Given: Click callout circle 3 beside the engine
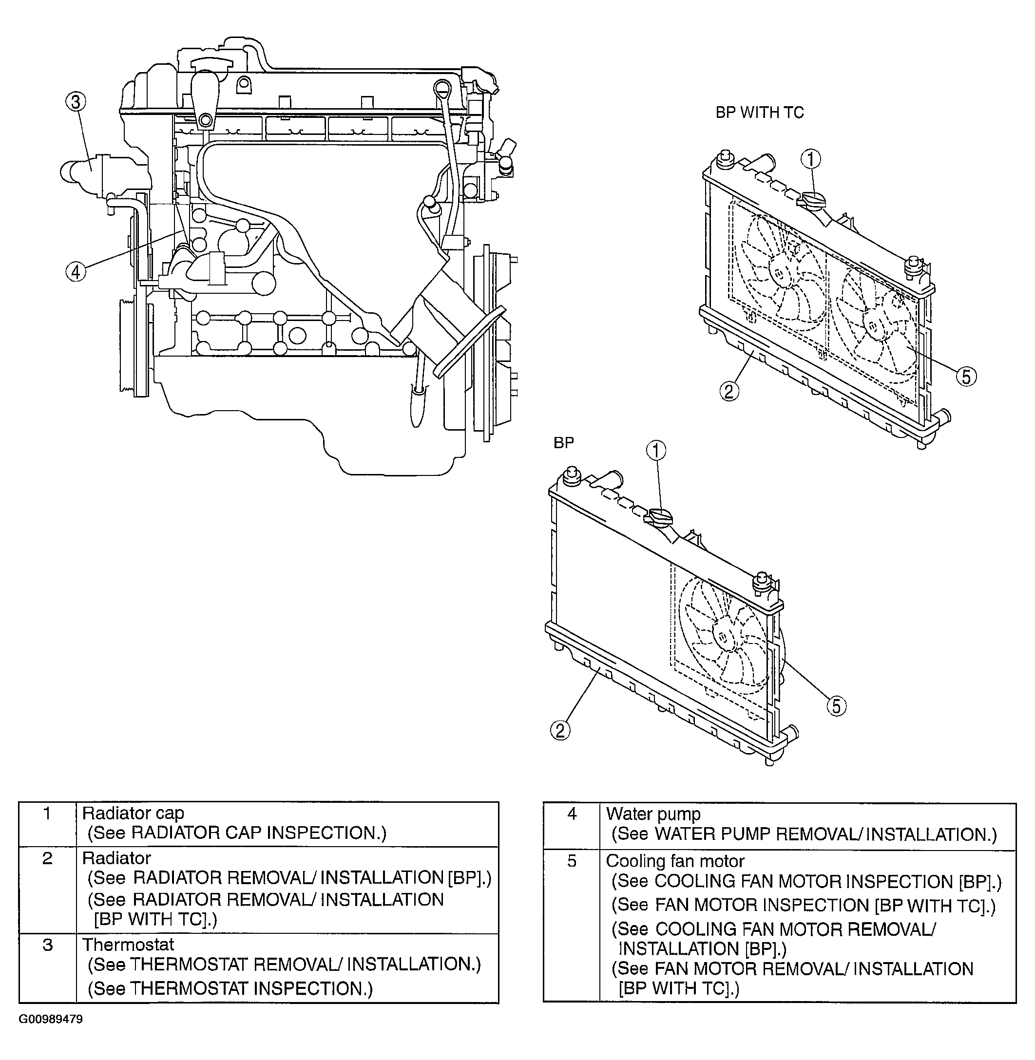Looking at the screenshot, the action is (x=76, y=102).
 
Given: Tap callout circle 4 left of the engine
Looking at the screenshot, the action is (x=76, y=272).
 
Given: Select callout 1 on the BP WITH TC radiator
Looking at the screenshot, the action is (x=810, y=159).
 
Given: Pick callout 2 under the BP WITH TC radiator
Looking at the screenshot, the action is (x=729, y=391).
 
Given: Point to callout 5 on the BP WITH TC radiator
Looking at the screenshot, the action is (x=966, y=377).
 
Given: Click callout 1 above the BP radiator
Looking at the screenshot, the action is (x=656, y=451).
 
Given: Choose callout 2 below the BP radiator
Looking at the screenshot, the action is (x=560, y=730).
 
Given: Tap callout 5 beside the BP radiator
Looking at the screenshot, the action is (x=837, y=706).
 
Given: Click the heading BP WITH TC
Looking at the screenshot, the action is (x=759, y=113).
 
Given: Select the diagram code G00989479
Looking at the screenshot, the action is (x=51, y=1019).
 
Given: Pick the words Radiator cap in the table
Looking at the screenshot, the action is (x=133, y=814).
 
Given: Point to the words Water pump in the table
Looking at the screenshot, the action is (x=653, y=814).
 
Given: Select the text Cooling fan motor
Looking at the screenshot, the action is (x=675, y=861).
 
